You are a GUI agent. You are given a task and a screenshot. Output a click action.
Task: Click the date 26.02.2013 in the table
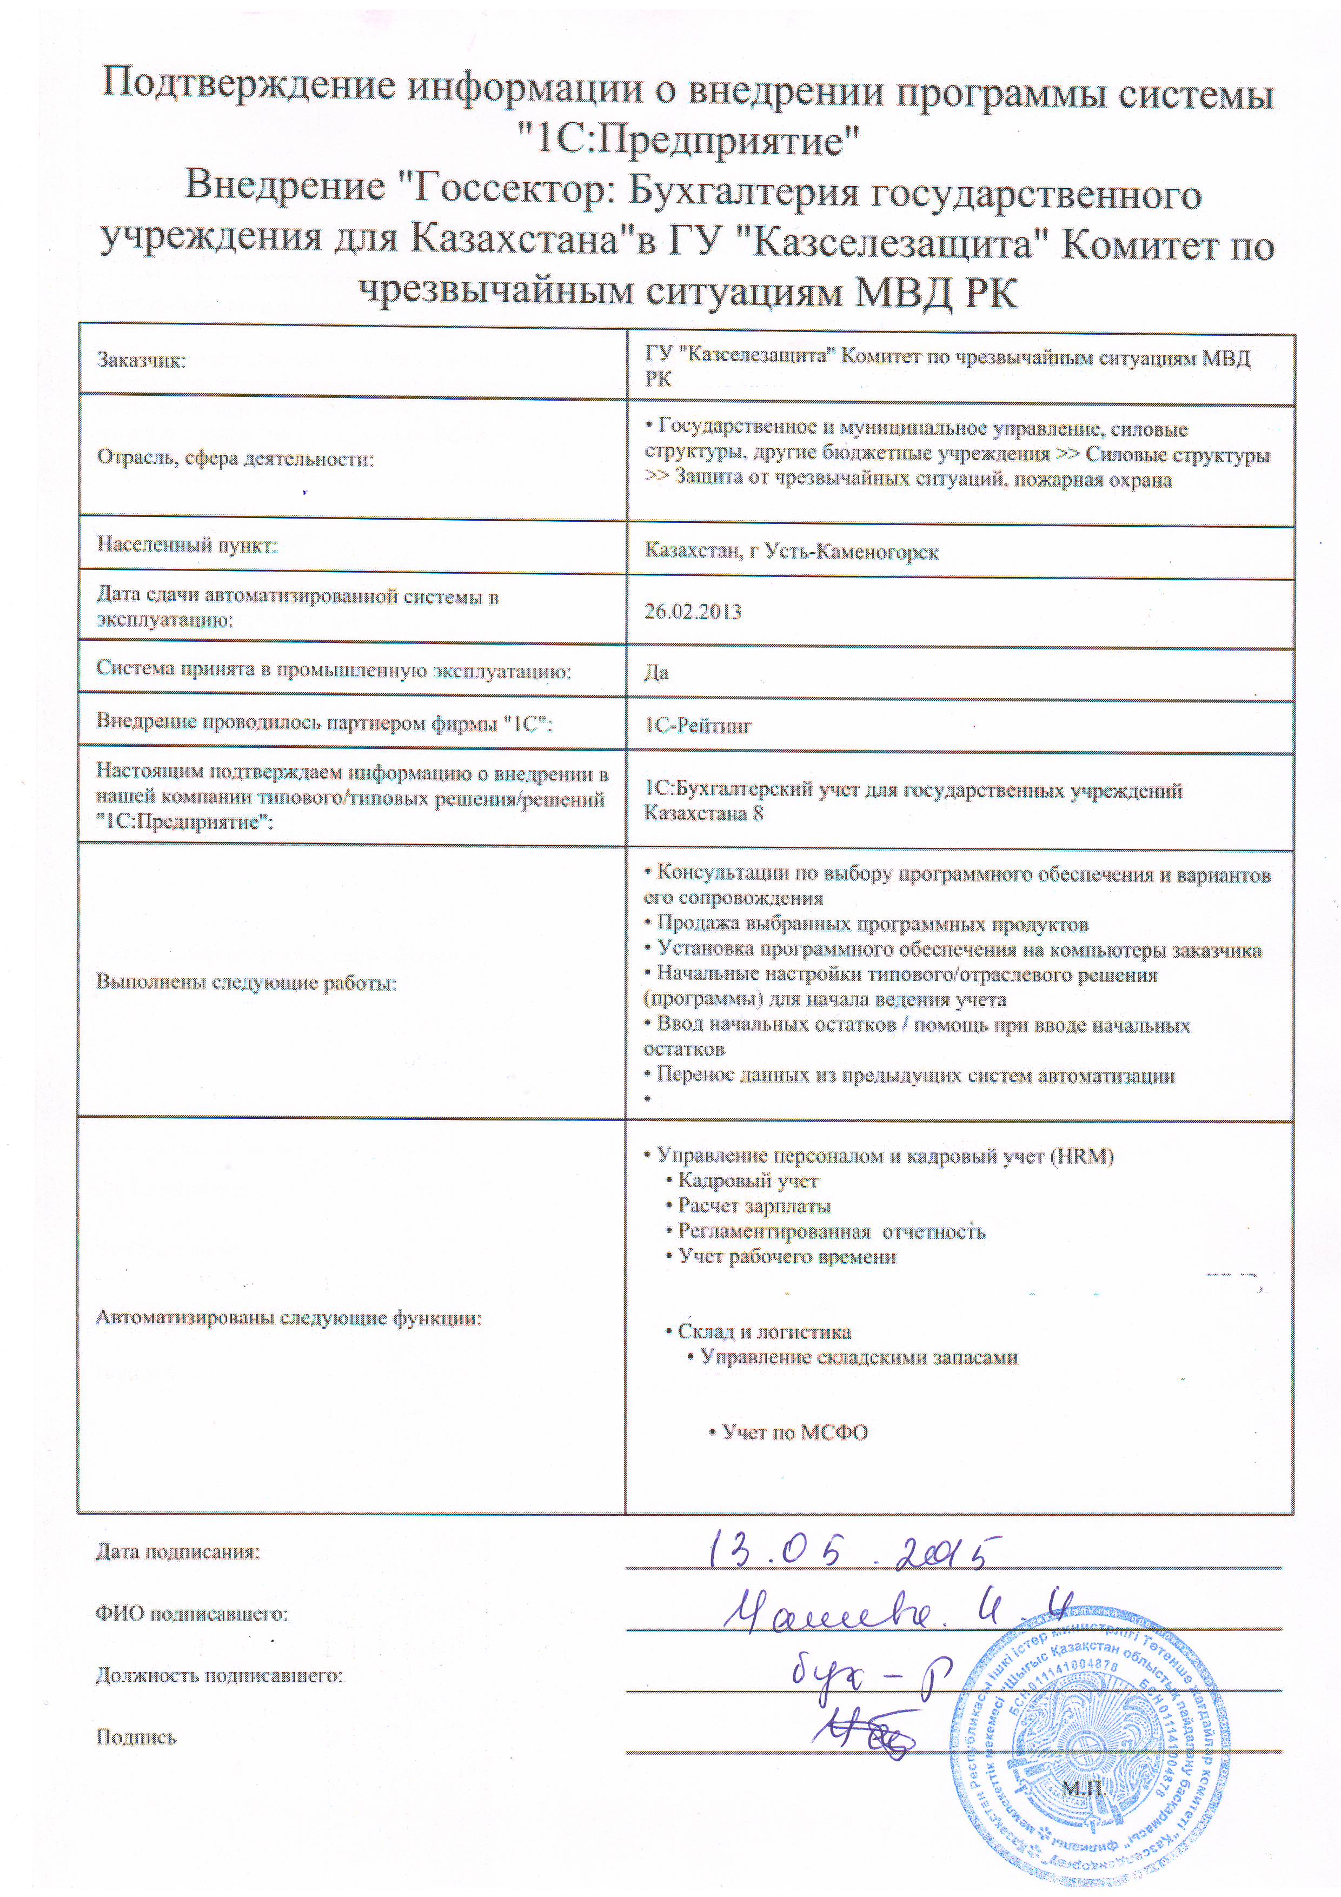[x=692, y=612]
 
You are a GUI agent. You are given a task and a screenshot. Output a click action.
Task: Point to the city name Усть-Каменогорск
[x=852, y=552]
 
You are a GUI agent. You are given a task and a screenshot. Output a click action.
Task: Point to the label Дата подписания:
[x=178, y=1551]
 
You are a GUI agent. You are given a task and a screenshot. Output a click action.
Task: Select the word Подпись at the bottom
[x=136, y=1737]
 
